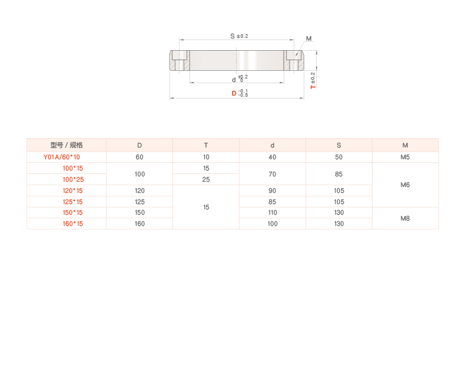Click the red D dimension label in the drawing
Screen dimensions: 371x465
pos(234,93)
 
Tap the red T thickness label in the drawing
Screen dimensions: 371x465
pos(313,86)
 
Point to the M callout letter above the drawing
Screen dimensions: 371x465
pos(308,40)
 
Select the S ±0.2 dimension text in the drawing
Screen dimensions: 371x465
pos(239,36)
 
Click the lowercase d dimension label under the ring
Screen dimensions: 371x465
pos(234,80)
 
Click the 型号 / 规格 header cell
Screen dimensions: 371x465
pos(67,145)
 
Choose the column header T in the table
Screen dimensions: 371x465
pos(206,145)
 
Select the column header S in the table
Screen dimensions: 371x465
pos(338,145)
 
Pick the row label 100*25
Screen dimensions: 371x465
pos(73,179)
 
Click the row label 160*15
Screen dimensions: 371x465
pos(73,224)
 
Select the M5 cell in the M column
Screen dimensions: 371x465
pos(405,157)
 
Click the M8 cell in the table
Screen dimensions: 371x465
pos(405,218)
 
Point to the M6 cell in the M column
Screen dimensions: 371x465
pos(405,185)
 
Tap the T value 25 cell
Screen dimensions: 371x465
pos(206,179)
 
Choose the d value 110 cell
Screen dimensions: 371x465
pos(273,212)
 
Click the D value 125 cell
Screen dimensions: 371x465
pos(139,201)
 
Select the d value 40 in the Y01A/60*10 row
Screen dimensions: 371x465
pos(273,157)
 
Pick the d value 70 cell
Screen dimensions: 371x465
pos(273,174)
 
